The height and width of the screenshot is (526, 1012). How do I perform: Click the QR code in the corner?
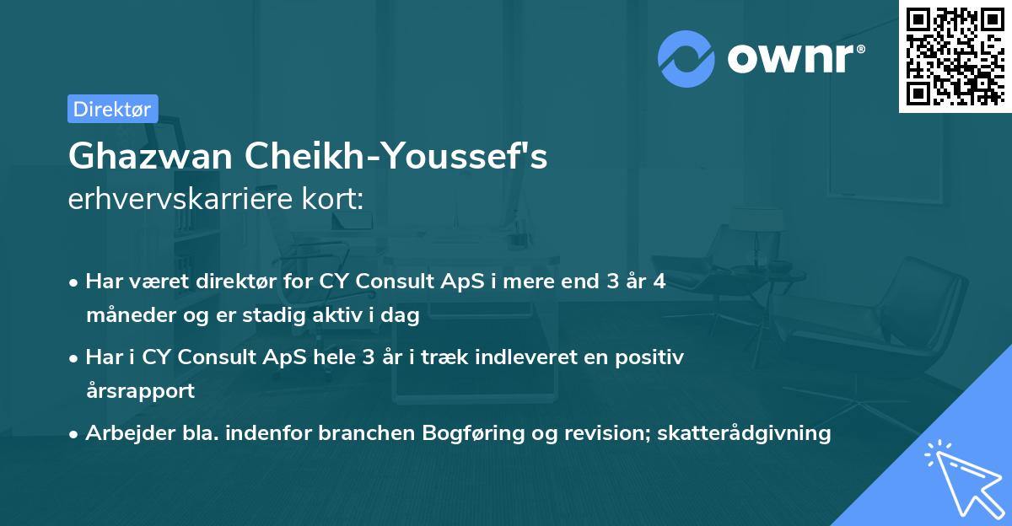[955, 56]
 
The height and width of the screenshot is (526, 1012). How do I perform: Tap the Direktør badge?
[112, 109]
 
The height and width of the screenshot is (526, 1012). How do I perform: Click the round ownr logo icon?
[686, 58]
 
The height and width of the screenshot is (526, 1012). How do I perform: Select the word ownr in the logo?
[793, 58]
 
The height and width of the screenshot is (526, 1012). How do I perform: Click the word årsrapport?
[140, 390]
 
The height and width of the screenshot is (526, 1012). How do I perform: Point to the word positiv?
[652, 357]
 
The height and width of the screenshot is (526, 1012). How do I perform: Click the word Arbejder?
[124, 433]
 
